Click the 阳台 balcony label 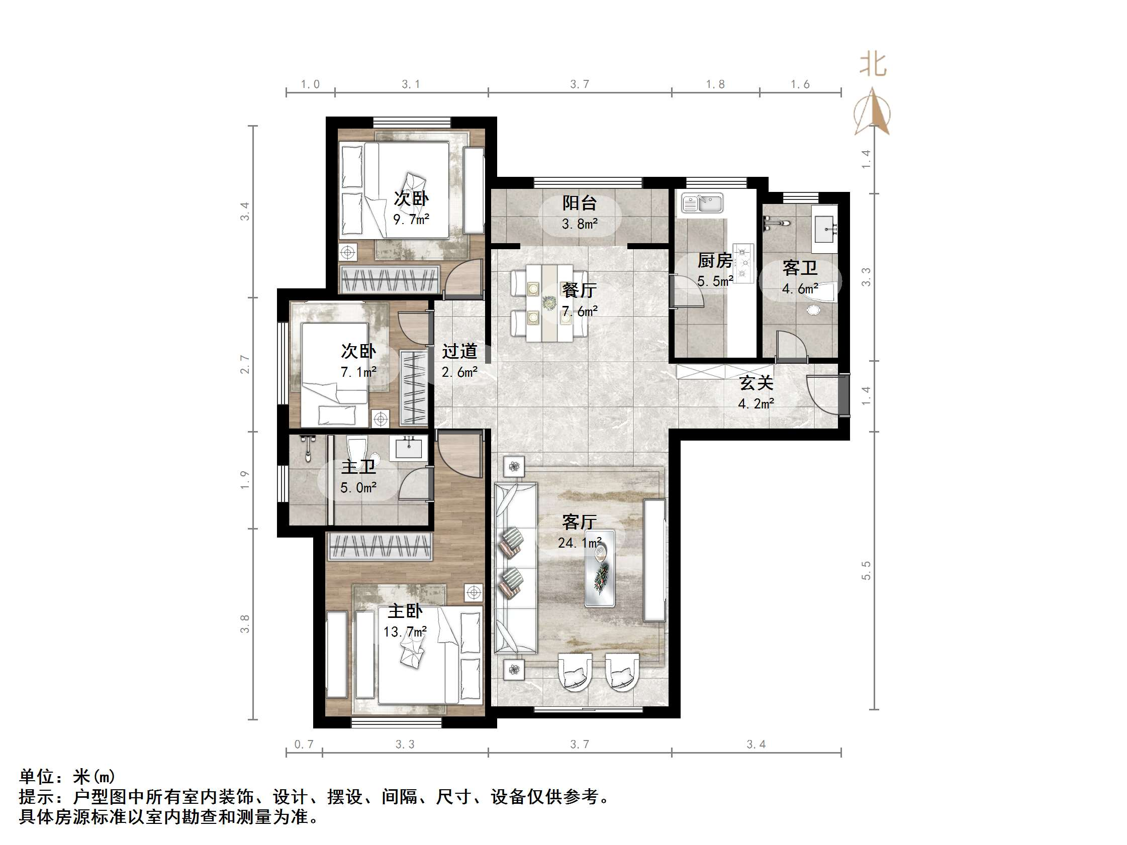pos(579,203)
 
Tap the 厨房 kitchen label pos(714,261)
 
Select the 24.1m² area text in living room pos(579,543)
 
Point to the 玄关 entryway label pos(756,382)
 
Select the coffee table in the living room pos(599,568)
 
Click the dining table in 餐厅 pos(549,303)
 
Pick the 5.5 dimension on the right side pos(866,570)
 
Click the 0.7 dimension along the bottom pos(304,744)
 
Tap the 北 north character pos(873,65)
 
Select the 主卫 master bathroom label pos(358,467)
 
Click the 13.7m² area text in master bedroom pos(405,631)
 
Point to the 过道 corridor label pos(459,352)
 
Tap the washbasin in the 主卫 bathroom pos(408,448)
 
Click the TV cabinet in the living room pos(654,560)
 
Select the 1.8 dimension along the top pos(715,84)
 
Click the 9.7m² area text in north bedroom pos(411,220)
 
